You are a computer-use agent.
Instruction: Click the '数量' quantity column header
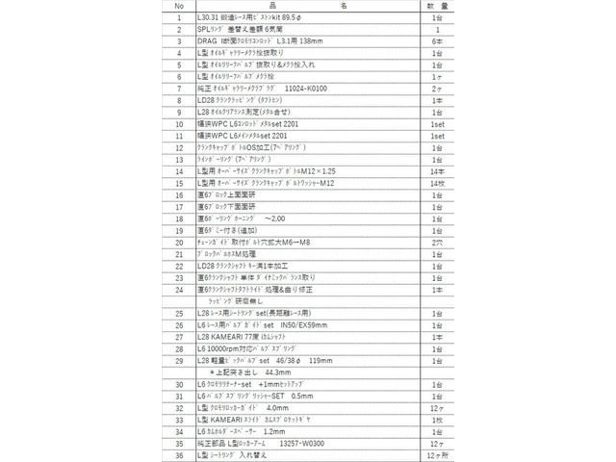pos(439,7)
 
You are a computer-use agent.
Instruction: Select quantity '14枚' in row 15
pos(439,181)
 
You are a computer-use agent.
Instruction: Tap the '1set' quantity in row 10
pos(439,123)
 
